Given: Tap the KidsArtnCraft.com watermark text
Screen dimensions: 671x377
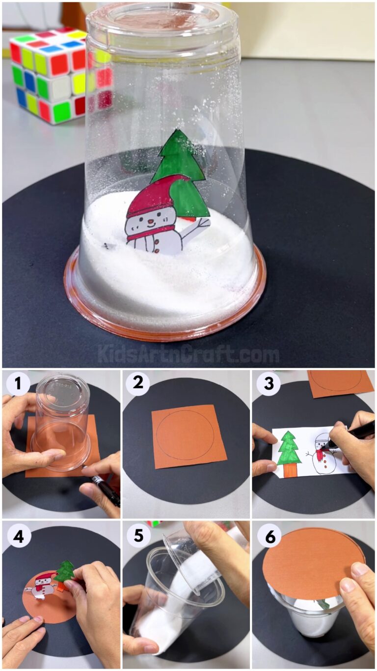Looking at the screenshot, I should click(188, 354).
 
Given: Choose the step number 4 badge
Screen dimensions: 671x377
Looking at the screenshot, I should click(18, 535).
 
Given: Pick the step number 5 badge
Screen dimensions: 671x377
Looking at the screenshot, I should click(138, 535).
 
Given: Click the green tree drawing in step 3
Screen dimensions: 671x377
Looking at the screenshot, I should click(289, 452).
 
